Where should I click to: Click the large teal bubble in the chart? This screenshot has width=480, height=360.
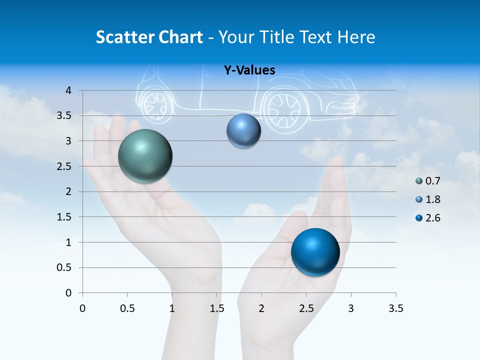[x=145, y=156]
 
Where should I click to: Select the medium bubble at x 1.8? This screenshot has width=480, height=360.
[x=243, y=130]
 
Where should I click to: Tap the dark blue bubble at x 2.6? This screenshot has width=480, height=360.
[x=315, y=252]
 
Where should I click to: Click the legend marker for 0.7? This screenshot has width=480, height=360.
[x=419, y=181]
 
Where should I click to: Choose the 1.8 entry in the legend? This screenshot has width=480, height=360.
[x=432, y=199]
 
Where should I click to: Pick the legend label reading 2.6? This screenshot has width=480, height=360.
[x=432, y=218]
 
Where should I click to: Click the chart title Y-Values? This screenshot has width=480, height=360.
[x=249, y=70]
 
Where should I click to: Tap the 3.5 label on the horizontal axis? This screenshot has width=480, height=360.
[x=396, y=308]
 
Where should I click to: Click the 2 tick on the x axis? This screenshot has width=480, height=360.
[x=261, y=308]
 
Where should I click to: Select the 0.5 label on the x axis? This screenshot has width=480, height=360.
[x=127, y=308]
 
